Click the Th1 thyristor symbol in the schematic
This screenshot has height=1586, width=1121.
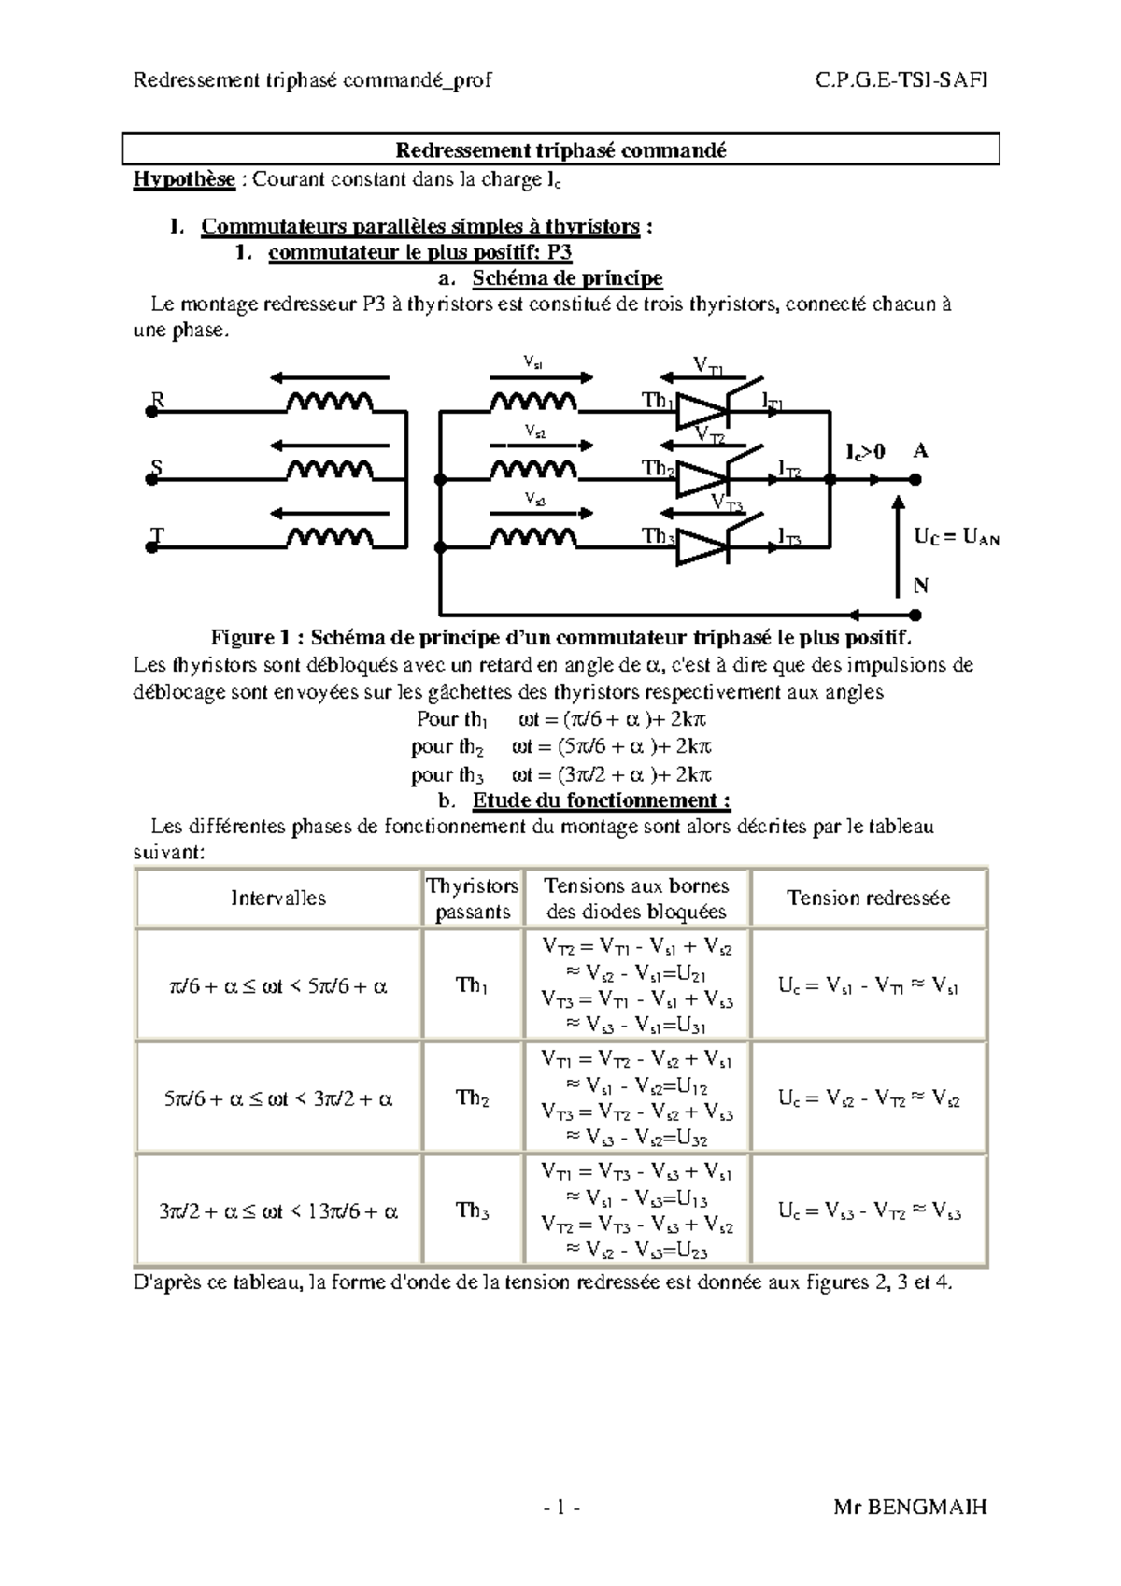tap(701, 410)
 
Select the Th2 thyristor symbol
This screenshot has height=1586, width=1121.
tap(701, 479)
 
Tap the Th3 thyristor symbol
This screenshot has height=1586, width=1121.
tap(701, 546)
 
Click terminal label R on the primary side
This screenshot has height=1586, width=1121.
tap(158, 401)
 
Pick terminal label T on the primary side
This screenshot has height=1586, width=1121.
tap(158, 535)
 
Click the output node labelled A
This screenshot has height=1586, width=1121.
tap(921, 451)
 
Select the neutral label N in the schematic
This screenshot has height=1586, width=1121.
tap(921, 587)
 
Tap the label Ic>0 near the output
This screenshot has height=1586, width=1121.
tap(865, 452)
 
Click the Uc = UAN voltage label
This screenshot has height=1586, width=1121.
tap(957, 538)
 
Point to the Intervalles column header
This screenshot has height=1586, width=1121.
tap(278, 899)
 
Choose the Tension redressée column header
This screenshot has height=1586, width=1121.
tap(868, 899)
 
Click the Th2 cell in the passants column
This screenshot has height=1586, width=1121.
tap(473, 1098)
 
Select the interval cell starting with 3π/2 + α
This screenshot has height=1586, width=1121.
tap(278, 1212)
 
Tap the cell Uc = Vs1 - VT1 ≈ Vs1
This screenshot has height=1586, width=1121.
tap(868, 985)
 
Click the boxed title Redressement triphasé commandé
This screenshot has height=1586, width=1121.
tap(560, 150)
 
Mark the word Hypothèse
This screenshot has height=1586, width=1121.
tap(184, 179)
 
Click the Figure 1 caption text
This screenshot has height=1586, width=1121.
tap(560, 639)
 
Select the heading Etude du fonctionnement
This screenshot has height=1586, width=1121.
tap(601, 800)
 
